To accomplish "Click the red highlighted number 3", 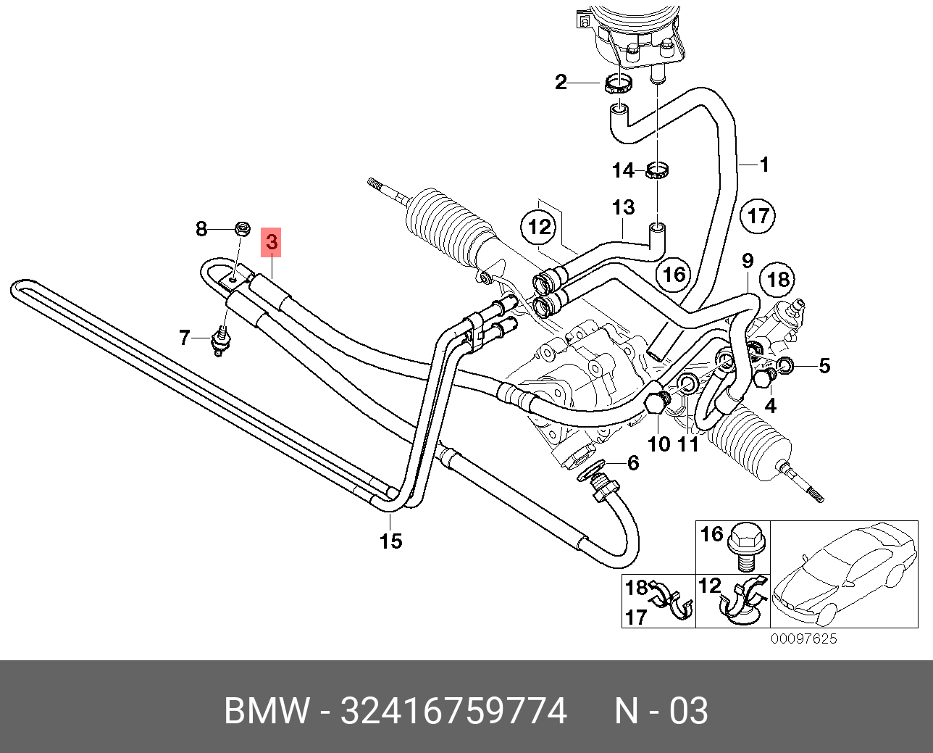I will click(271, 242).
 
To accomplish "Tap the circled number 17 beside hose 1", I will click(758, 216).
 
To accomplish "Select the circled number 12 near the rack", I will click(540, 227).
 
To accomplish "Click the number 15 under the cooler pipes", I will click(390, 541).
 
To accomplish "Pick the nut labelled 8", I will click(242, 230).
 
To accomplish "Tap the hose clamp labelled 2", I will click(618, 84).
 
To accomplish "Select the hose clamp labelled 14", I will click(656, 172).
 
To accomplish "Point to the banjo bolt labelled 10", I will click(654, 402).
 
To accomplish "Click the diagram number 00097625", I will click(803, 638).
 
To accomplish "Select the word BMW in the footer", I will click(267, 711).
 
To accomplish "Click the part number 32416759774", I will click(453, 711).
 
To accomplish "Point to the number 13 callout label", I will click(622, 208).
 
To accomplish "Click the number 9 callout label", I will click(747, 261).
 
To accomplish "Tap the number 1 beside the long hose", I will click(763, 165).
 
